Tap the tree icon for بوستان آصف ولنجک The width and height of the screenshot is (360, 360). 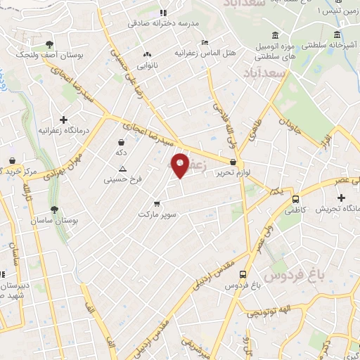pyautogui.click(x=49, y=44)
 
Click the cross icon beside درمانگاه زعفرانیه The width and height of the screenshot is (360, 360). pyautogui.click(x=64, y=120)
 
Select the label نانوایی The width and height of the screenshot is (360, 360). pyautogui.click(x=148, y=65)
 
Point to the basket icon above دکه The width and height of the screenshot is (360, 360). pyautogui.click(x=122, y=143)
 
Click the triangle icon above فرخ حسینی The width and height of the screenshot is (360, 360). pyautogui.click(x=122, y=169)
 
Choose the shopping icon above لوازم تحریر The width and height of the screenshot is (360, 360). pyautogui.click(x=233, y=162)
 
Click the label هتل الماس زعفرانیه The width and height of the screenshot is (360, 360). pyautogui.click(x=210, y=53)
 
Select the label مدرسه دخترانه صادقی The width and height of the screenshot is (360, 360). pyautogui.click(x=164, y=23)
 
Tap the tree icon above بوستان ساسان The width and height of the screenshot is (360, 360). pyautogui.click(x=54, y=210)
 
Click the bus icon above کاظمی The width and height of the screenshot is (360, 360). pyautogui.click(x=295, y=199)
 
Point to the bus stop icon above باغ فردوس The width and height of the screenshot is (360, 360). pyautogui.click(x=243, y=275)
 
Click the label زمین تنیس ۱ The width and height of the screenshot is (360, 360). pyautogui.click(x=335, y=11)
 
